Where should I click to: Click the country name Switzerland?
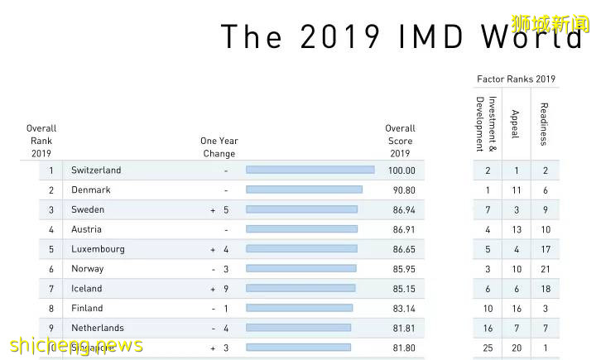96,170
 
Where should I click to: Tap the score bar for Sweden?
302,210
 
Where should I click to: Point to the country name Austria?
86,229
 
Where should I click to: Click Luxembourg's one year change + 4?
219,249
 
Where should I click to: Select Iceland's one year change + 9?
219,289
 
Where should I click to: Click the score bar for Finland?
299,308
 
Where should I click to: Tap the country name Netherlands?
97,328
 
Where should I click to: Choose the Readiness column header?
544,123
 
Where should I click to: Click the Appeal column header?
516,123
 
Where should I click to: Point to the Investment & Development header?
487,124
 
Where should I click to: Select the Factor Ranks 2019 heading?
516,79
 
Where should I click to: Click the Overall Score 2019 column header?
400,141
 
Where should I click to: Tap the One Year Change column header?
219,147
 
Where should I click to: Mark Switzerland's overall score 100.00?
401,170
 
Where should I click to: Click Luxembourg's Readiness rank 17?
546,249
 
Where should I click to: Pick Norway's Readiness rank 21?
546,269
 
